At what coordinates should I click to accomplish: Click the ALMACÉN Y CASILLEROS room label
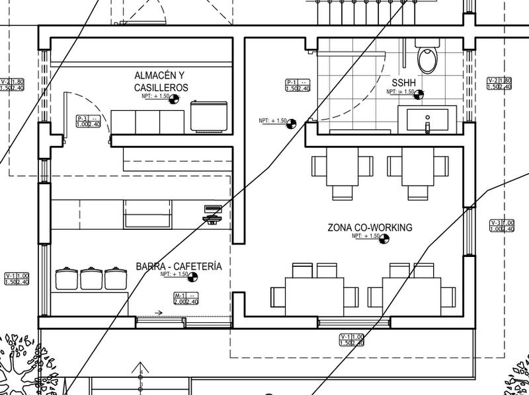click(x=161, y=81)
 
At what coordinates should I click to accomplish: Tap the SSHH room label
click(x=403, y=82)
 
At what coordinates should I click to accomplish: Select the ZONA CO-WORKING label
click(x=370, y=228)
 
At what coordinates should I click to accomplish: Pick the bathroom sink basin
click(x=427, y=121)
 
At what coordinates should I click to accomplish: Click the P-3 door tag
click(x=88, y=121)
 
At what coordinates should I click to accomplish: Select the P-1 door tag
click(x=298, y=85)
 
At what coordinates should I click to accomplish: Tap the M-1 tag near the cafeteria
click(x=186, y=299)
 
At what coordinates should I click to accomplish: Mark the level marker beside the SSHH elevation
click(x=418, y=94)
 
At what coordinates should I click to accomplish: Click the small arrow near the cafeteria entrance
click(x=159, y=312)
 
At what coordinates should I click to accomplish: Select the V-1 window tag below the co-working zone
click(x=352, y=340)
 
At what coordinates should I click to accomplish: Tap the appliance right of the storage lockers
click(x=209, y=116)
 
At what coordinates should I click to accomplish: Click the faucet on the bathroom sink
click(x=427, y=124)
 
